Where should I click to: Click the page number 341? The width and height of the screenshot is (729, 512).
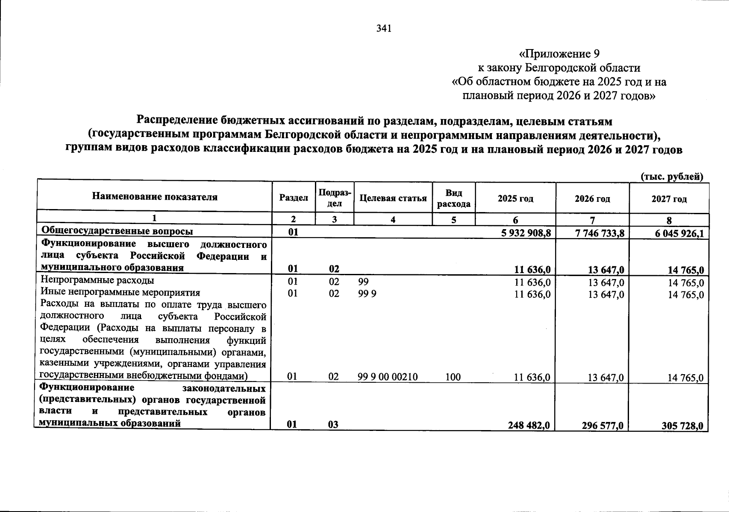click(x=384, y=29)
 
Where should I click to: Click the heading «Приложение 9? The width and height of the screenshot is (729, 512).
click(x=559, y=54)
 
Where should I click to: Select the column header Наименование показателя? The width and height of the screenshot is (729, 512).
click(x=154, y=197)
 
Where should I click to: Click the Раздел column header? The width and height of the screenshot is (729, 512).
click(x=294, y=198)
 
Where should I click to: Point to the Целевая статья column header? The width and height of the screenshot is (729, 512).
click(x=393, y=198)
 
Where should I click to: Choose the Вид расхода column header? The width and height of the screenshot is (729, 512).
click(x=454, y=198)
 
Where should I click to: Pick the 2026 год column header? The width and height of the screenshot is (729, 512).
click(x=592, y=199)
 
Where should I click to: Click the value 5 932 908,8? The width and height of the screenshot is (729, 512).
click(x=526, y=232)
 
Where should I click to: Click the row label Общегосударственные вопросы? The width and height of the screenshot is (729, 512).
click(x=117, y=231)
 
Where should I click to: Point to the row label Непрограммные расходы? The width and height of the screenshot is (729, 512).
click(x=97, y=280)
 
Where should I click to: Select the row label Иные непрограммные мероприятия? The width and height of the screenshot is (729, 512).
click(x=121, y=293)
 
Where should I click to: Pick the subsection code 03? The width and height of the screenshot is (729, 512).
click(x=334, y=425)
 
